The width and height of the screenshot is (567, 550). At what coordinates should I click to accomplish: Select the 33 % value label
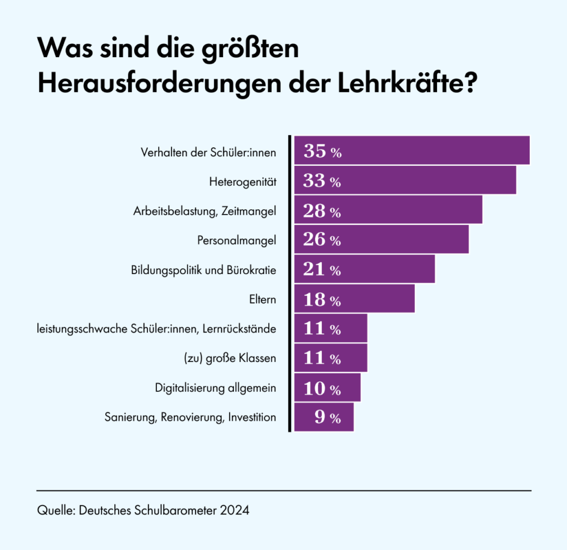[322, 181]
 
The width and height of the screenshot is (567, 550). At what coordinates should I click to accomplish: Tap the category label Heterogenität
[242, 182]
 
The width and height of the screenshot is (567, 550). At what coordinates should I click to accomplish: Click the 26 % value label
[322, 240]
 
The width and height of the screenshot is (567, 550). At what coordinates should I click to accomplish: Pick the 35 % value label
[322, 151]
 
